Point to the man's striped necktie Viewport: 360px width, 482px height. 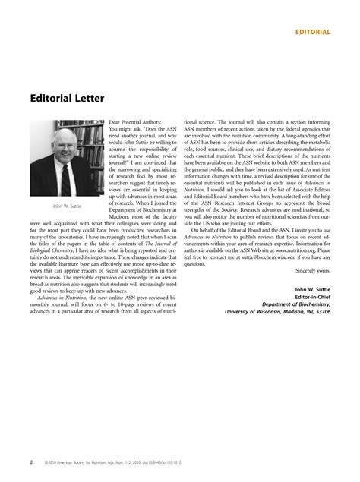coord(66,176)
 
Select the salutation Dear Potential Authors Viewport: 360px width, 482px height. coord(137,121)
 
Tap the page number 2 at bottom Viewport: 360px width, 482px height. coord(31,460)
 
